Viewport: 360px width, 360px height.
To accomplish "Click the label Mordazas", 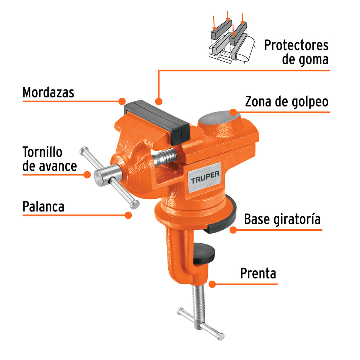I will tap(49, 92).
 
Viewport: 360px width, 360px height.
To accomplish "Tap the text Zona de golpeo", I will tap(286, 102).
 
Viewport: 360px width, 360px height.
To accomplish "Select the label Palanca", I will tap(43, 207).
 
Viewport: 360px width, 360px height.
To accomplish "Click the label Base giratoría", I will tap(282, 219).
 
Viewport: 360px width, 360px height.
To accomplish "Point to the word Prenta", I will tap(258, 273).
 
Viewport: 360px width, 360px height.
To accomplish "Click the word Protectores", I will tap(296, 45).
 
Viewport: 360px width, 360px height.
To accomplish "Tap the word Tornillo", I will tap(42, 152).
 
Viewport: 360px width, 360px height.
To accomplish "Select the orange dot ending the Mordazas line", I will tap(122, 101).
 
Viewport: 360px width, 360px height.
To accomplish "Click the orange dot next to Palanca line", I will tap(128, 215).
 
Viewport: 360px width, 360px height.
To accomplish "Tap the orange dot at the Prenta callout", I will tap(212, 283).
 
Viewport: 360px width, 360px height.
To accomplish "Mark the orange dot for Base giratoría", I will tap(233, 230).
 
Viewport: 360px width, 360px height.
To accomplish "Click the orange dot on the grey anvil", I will tap(233, 112).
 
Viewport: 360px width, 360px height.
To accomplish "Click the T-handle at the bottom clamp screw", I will tap(200, 324).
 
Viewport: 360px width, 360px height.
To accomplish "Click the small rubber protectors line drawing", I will tap(229, 40).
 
